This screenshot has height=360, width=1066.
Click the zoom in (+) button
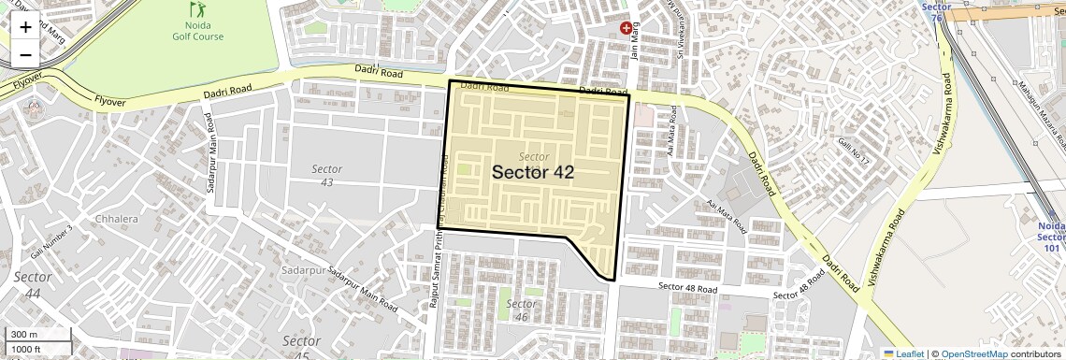(x=25, y=26)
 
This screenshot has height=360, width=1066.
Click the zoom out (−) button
(x=25, y=54)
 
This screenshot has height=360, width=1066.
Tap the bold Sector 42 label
(x=532, y=172)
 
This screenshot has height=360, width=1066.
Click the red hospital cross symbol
(x=626, y=29)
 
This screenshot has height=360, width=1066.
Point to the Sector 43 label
(x=327, y=175)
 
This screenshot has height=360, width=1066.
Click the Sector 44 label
(x=33, y=284)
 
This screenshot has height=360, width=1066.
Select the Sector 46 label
(x=521, y=310)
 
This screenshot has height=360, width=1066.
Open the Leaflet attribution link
(x=903, y=353)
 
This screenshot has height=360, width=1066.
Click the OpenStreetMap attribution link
(x=973, y=353)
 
